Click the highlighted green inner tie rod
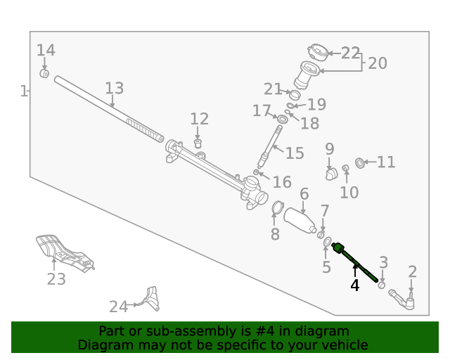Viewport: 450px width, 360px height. pos(354,262)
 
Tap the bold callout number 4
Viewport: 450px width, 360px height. pos(354,285)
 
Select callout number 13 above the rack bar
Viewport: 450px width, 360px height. pos(114,88)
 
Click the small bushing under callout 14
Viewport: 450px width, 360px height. pos(44,74)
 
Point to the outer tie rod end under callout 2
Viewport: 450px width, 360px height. pos(403,300)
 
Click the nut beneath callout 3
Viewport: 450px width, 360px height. pos(381,285)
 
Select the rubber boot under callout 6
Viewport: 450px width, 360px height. pos(300,221)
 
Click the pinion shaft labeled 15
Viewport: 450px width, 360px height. pos(270,147)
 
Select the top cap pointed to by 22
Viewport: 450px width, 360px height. pos(318,53)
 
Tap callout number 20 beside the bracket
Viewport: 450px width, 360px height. pos(378,63)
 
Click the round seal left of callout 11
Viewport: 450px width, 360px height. pos(360,163)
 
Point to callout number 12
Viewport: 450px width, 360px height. pos(200,119)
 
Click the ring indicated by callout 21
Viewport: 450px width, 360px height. pos(295,95)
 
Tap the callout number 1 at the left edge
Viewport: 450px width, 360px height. pos(24,91)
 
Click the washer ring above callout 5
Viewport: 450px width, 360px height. pos(327,242)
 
